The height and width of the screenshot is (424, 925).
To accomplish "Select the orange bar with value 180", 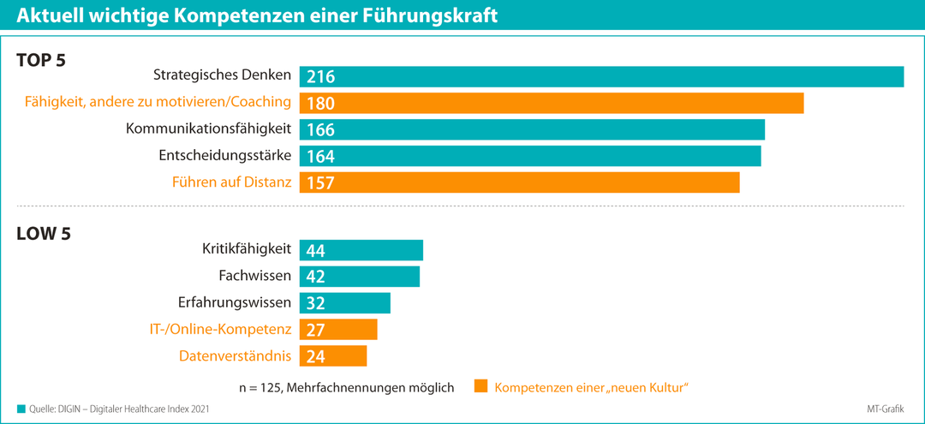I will (x=552, y=103).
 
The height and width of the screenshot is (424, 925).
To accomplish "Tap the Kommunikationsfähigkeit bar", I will (x=532, y=129).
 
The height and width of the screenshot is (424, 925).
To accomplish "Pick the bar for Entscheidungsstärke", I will (x=530, y=156).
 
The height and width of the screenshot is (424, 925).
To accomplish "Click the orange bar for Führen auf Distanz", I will (x=519, y=182).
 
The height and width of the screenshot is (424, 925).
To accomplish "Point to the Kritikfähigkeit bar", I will (x=361, y=250).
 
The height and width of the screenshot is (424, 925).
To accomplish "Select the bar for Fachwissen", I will (x=360, y=277).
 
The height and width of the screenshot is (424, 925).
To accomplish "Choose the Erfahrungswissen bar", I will (x=345, y=303).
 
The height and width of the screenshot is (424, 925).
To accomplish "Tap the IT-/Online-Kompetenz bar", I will (x=338, y=330).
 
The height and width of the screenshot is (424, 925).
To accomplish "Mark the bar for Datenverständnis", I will (x=333, y=355).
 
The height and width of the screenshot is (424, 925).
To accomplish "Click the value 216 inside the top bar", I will (x=320, y=77).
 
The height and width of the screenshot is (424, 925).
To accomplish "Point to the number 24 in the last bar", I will (x=315, y=356).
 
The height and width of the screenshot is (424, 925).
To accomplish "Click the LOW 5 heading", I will (x=44, y=233).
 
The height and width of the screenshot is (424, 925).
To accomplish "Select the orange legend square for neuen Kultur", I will (x=480, y=386).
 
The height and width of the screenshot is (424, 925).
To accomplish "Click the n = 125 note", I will (x=346, y=387).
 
